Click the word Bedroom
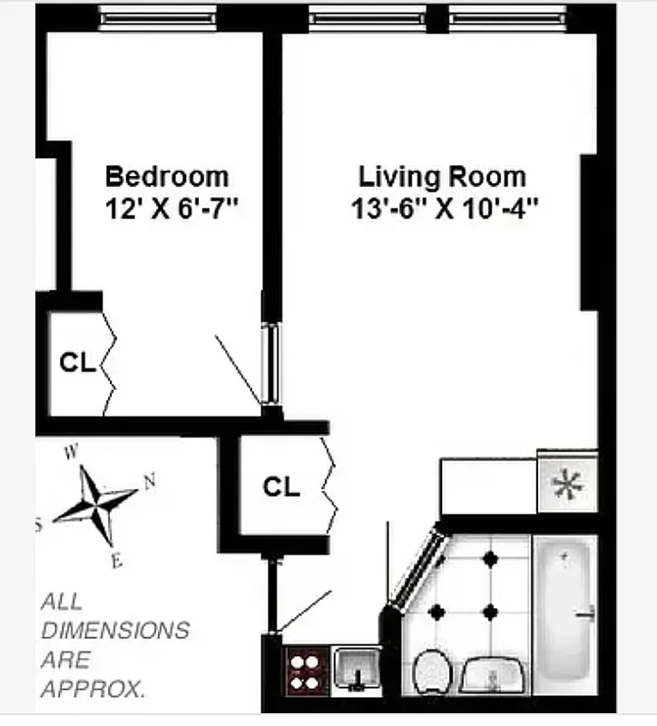point(167,175)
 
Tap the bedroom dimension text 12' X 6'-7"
point(171,209)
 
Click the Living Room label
point(442,175)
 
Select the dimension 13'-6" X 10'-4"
point(445,210)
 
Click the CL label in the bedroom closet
point(77,363)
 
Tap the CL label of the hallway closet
point(281,487)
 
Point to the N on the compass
point(151,482)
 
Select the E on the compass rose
point(116,560)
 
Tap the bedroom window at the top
point(158,15)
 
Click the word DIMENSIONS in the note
point(115,630)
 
